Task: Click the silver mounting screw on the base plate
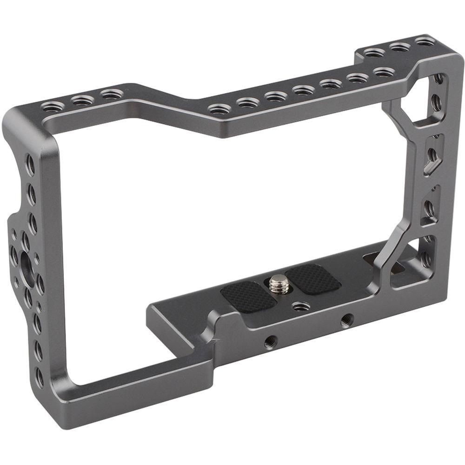(x=278, y=282)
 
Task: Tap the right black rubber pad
(x=312, y=278)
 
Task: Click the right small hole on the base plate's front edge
(x=345, y=319)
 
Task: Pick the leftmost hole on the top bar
(x=52, y=107)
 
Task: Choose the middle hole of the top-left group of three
(x=82, y=100)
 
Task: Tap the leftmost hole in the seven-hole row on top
(x=219, y=109)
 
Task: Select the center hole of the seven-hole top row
(x=304, y=90)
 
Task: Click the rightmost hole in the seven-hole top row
(x=383, y=73)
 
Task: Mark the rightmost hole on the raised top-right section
(x=425, y=41)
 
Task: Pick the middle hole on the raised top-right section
(x=399, y=47)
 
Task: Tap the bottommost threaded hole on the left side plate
(x=40, y=378)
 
